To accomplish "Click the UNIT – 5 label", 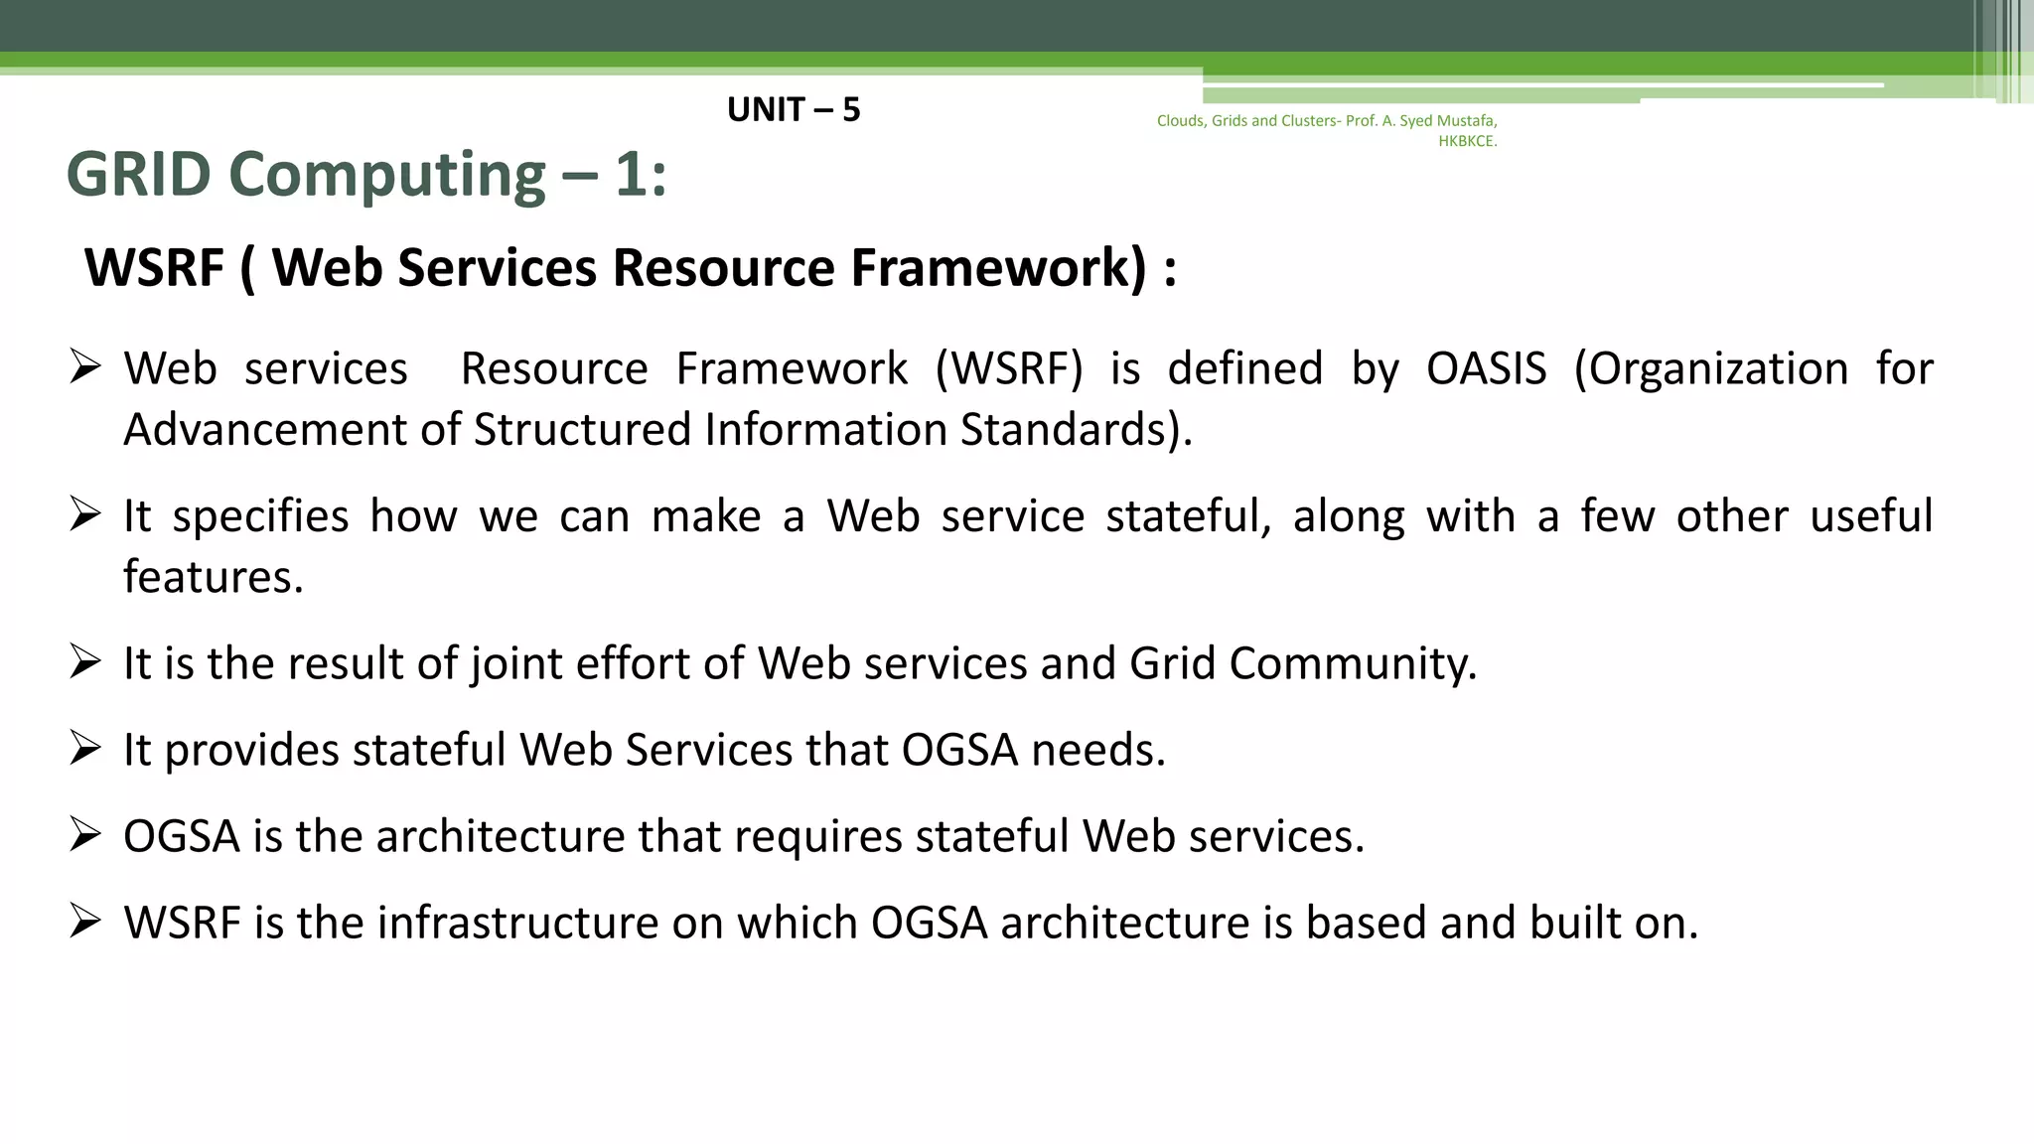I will pos(793,109).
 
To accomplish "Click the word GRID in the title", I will pos(138,175).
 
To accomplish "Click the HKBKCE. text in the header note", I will pos(1467,141).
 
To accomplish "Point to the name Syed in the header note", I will pos(1415,121).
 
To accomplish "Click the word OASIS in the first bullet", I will pos(1486,369).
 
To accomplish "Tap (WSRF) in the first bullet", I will pos(1008,369).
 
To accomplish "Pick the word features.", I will pos(213,577).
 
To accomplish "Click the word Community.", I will pos(1353,663).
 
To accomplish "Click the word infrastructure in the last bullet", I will pos(516,923).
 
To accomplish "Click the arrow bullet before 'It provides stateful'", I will pos(85,748).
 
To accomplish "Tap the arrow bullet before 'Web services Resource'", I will pos(85,367).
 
